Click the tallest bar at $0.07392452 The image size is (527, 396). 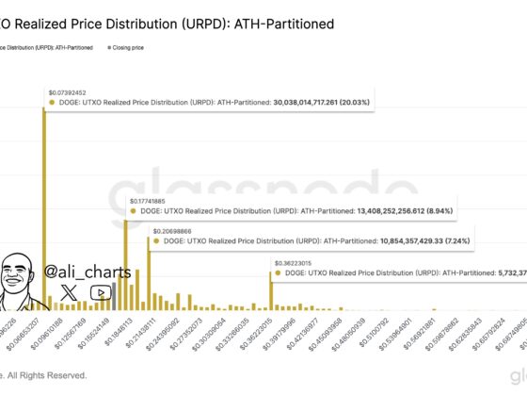coord(43,207)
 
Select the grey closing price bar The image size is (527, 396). coord(114,297)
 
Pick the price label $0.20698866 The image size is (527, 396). coord(172,229)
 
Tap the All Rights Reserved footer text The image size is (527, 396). coord(47,375)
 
